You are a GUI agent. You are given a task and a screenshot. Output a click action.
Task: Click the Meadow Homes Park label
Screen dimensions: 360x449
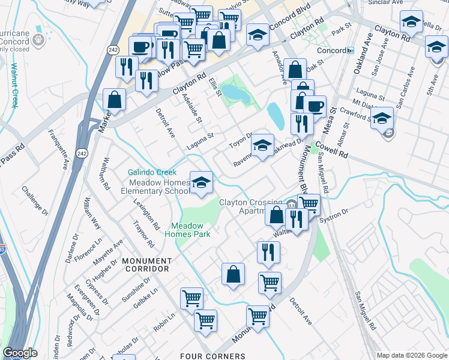coord(191,230)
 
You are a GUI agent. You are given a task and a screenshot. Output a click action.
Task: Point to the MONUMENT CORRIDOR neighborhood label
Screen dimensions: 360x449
coord(146,265)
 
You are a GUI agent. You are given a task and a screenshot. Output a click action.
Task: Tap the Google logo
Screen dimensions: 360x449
coord(20,353)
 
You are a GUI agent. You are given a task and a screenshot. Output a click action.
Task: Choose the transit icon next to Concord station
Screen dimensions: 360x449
coord(350,50)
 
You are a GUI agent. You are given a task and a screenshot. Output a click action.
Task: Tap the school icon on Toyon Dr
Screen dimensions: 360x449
coord(262,145)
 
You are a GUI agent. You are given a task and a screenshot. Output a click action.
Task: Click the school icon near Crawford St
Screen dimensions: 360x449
coord(381,118)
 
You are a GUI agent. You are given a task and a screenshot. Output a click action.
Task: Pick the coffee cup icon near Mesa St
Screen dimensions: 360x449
coord(315,107)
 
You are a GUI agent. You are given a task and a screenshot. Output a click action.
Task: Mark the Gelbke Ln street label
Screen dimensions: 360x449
coord(146,298)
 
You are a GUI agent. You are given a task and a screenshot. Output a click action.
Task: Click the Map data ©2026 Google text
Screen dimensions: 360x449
coord(411,355)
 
